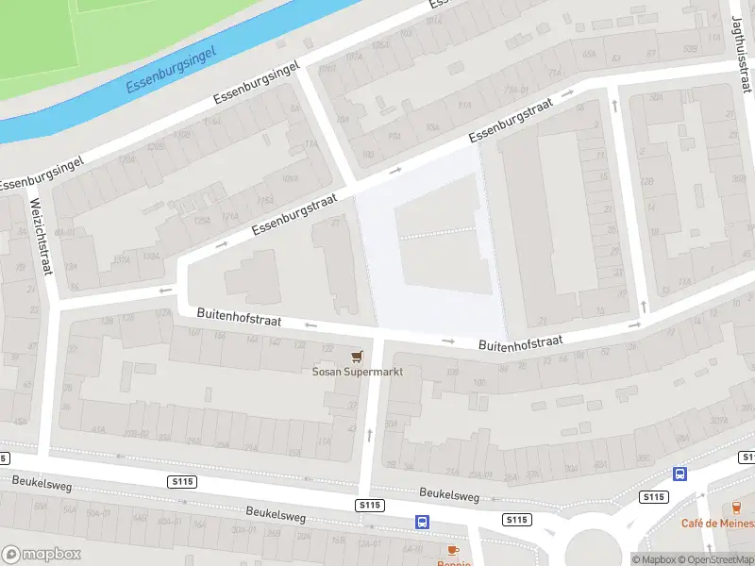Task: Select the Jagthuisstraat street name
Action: tap(741, 52)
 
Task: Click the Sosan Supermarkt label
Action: tap(358, 372)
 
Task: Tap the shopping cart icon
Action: tap(357, 356)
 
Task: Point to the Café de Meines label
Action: tap(718, 524)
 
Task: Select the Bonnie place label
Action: tap(453, 563)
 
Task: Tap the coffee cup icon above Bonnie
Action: tap(453, 549)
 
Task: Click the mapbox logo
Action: tap(42, 555)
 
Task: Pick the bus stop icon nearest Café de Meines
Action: tap(679, 474)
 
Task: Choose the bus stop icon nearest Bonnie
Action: tap(422, 522)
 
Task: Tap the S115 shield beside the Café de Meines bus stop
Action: tap(652, 496)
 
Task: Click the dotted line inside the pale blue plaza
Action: tap(437, 233)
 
